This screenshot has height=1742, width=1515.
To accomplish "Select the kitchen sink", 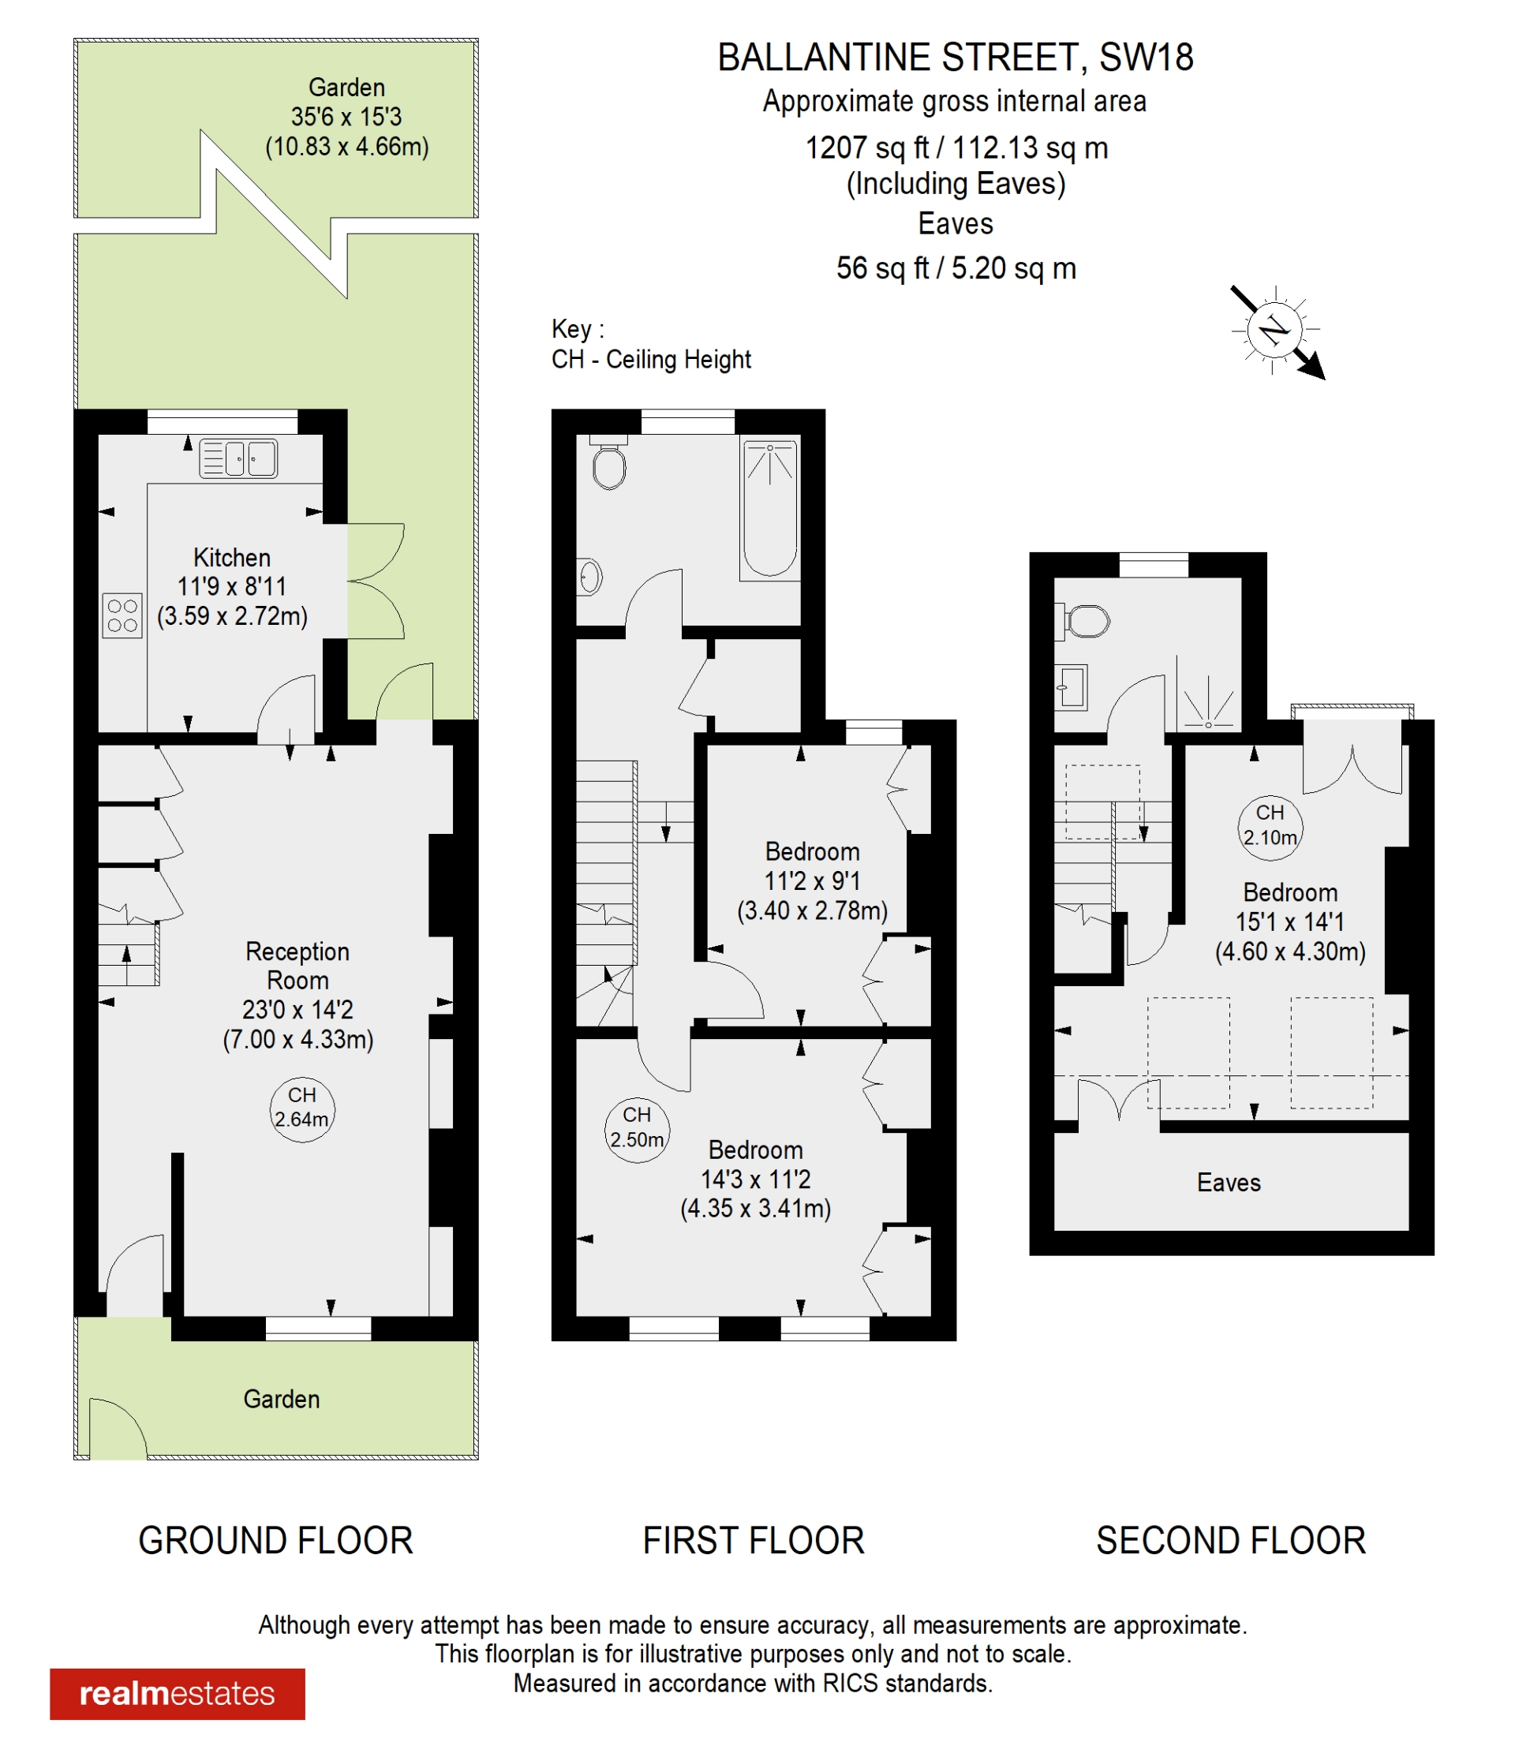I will pos(238,459).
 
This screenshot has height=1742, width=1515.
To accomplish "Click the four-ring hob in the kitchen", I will pos(122,615).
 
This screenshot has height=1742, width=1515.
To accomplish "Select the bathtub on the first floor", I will pos(769,510).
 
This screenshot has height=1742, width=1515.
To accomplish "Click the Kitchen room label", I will pos(232,558).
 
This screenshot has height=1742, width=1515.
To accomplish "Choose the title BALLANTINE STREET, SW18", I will pos(956,58).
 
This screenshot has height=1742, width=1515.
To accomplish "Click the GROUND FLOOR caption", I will pos(275,1541).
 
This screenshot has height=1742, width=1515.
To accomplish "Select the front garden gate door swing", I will pos(117,1429).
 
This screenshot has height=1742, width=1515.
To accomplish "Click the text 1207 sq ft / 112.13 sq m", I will pos(956,148).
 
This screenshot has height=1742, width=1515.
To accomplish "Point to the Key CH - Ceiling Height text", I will pos(650,345).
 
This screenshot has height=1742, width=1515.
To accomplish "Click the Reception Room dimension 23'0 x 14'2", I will pos(297,1009).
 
